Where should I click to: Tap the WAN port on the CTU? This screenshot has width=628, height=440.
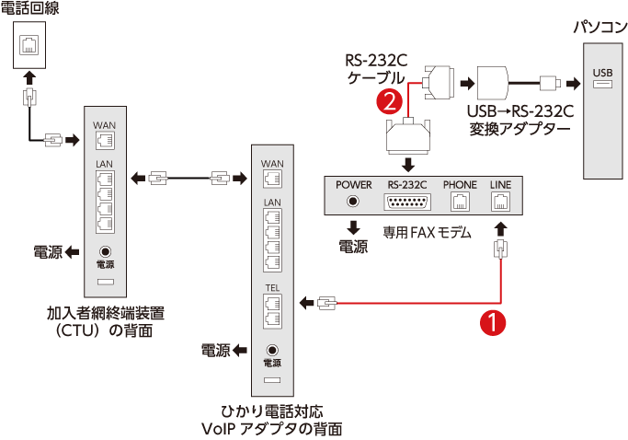tap(104, 140)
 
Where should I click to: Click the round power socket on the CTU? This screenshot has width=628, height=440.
tap(105, 250)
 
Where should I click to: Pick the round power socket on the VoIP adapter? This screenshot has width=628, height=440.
tap(272, 351)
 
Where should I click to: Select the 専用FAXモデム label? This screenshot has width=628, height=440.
tap(427, 234)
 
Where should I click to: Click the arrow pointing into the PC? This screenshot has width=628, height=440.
tap(573, 84)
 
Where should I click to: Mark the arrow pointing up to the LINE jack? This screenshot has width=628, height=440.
tap(500, 228)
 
